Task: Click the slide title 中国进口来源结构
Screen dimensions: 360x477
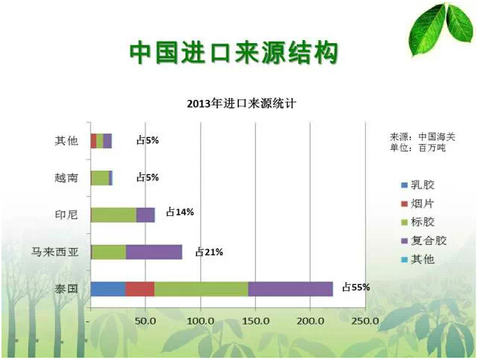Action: [x=234, y=53]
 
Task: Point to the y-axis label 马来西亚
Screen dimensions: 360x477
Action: [x=51, y=252]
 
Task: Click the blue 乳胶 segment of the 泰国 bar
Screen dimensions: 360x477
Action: [x=108, y=289]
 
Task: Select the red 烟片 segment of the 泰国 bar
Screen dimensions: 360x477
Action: [x=139, y=289]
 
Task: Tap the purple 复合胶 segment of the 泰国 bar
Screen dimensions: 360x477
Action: [x=290, y=289]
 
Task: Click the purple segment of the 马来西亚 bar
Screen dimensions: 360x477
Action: [x=154, y=252]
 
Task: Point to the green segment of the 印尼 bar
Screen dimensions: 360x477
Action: [x=114, y=215]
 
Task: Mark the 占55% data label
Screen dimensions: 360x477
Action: [x=355, y=287]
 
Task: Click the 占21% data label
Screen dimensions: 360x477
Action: [x=209, y=252]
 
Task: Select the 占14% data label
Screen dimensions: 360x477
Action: [x=180, y=212]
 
